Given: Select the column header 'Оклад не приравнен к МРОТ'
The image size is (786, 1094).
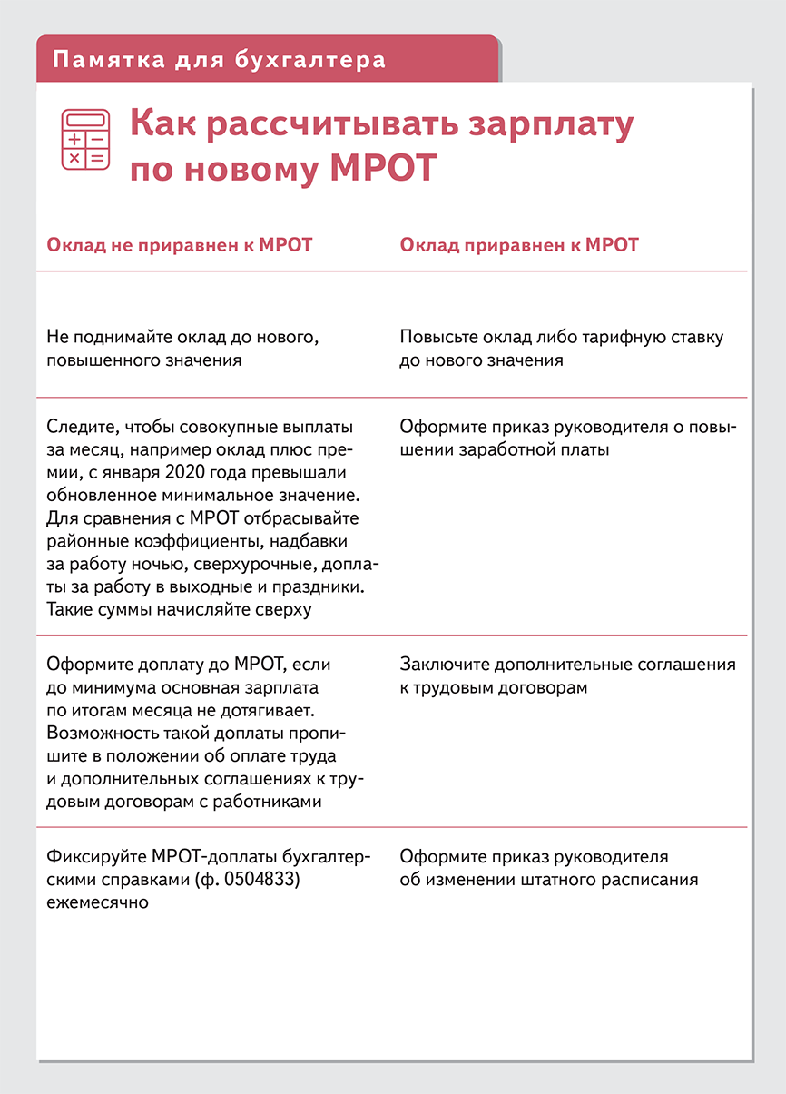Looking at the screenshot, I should pos(179,245).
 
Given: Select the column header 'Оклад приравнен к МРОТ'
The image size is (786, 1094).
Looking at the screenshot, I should pos(519,245).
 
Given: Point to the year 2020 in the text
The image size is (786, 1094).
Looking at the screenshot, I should pos(211,473).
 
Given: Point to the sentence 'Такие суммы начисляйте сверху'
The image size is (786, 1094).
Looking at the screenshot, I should pos(179,609).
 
